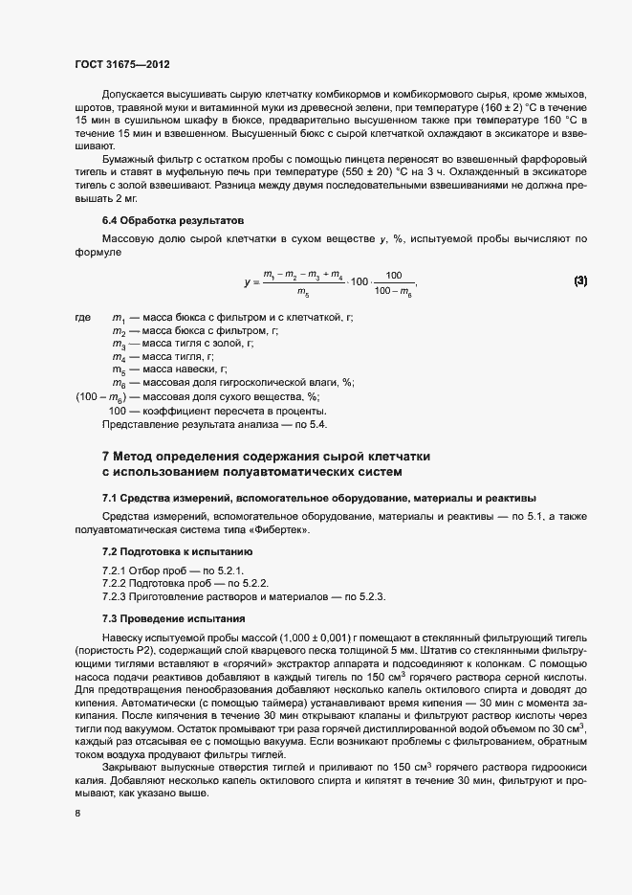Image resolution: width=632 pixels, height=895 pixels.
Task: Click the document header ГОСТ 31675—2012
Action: tap(122, 65)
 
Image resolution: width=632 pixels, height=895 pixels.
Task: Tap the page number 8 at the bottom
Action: tap(76, 814)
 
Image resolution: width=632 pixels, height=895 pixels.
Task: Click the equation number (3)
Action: tap(580, 280)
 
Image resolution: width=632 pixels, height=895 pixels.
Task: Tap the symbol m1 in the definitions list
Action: tap(119, 318)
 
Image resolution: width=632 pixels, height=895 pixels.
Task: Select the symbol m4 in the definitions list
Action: tap(119, 356)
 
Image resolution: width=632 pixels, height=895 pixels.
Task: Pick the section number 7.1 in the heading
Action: tap(110, 498)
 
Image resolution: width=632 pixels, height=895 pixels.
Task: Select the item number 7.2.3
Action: tap(117, 597)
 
